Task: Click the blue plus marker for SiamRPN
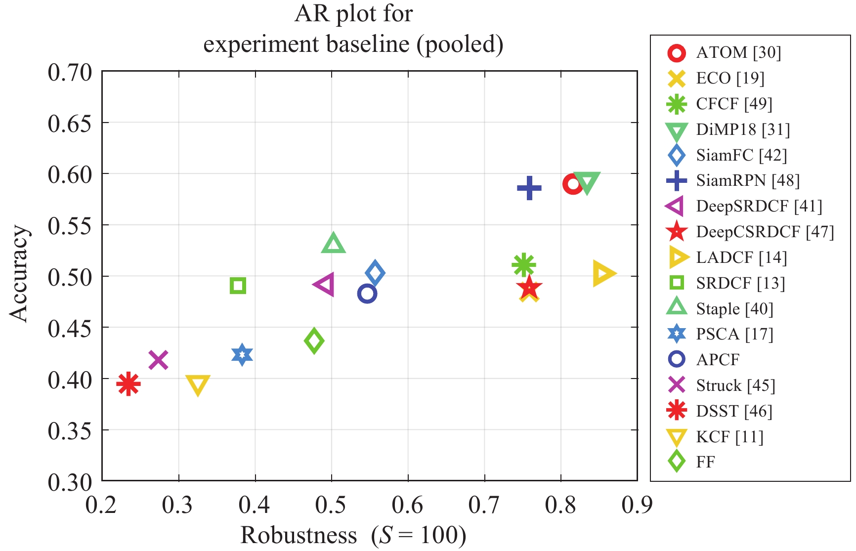click(529, 188)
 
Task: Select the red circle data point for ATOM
click(572, 184)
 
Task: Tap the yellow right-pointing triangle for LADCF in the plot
click(602, 273)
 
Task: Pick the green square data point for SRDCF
click(238, 286)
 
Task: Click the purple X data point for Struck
click(158, 360)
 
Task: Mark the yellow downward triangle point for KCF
click(197, 385)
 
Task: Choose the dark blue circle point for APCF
click(367, 294)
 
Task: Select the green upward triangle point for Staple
click(333, 243)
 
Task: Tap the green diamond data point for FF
click(314, 340)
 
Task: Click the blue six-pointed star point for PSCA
click(242, 355)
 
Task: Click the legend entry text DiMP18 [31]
click(743, 129)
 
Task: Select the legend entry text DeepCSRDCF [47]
click(765, 232)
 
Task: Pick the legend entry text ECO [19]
click(730, 78)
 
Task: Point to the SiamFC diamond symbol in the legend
click(676, 155)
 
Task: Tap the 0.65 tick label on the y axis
click(70, 123)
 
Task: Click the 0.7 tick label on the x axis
click(484, 505)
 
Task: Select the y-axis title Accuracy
click(20, 274)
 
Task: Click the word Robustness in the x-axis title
click(299, 535)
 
